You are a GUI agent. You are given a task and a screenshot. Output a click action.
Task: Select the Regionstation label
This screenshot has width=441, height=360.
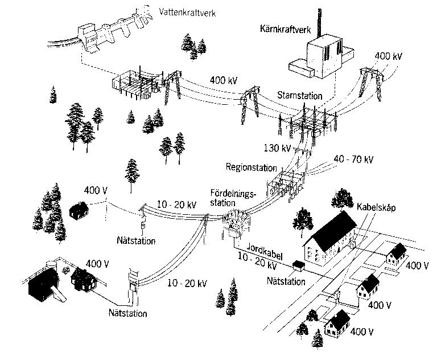coord(251,168)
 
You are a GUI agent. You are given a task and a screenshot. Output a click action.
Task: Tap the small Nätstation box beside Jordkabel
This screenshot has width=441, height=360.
coord(297,265)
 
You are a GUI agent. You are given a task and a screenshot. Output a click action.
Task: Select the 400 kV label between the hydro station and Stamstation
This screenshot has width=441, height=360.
coord(224,80)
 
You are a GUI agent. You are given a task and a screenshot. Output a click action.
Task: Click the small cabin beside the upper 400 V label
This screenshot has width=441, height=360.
coord(78,210)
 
